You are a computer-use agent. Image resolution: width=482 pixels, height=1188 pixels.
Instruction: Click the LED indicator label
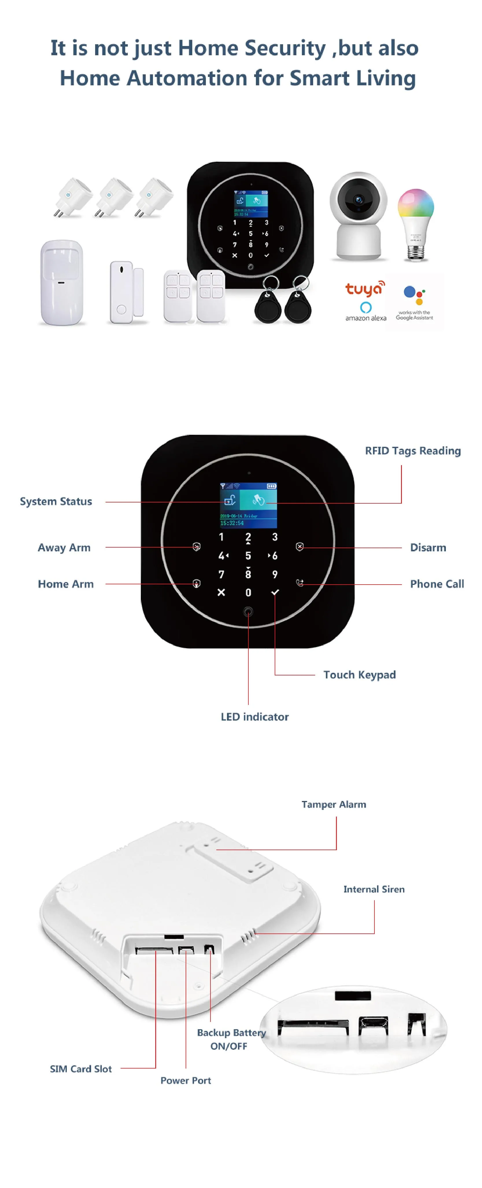click(254, 717)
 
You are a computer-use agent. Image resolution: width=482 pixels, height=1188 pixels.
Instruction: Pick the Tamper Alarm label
click(334, 804)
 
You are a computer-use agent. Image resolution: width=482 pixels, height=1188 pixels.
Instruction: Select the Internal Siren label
click(374, 889)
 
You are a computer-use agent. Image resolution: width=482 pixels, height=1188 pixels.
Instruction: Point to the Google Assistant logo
click(414, 303)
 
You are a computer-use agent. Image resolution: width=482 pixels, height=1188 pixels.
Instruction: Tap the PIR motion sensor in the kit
click(62, 282)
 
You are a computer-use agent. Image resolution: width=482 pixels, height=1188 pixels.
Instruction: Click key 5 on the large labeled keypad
click(248, 556)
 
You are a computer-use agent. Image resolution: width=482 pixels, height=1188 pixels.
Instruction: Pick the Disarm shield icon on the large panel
click(300, 547)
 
